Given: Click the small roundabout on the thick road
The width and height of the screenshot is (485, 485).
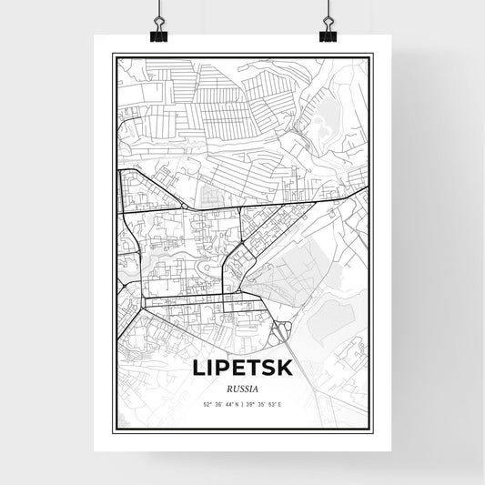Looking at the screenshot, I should (185, 207).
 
